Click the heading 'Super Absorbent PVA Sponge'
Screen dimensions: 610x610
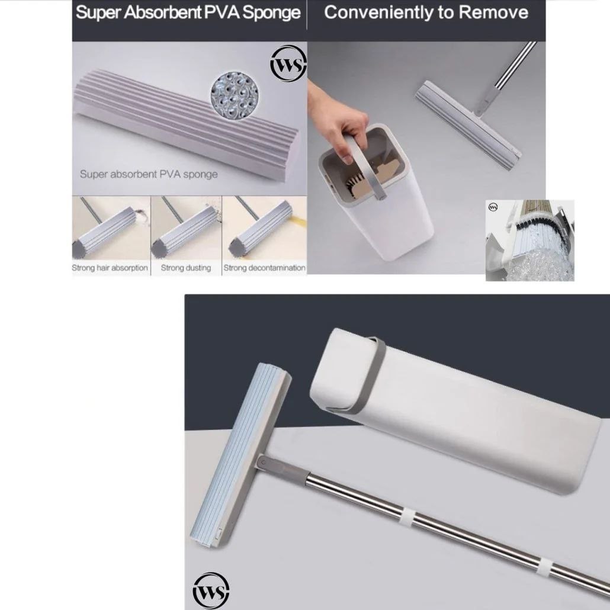click(188, 13)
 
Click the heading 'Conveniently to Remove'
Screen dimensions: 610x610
click(426, 12)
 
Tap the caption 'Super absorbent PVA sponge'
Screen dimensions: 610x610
click(149, 174)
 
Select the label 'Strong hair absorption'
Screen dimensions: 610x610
click(110, 268)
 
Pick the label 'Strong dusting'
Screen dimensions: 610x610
click(185, 268)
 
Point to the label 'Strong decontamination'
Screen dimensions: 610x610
click(264, 268)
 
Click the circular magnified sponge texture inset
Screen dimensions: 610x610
click(235, 95)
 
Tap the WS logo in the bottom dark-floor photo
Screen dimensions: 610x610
click(211, 590)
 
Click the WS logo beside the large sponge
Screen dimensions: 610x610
click(288, 64)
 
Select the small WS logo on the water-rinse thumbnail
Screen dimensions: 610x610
click(493, 207)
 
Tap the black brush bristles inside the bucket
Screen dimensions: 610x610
click(355, 183)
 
